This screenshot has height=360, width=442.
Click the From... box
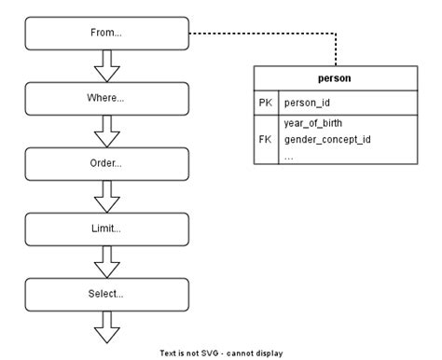tap(107, 33)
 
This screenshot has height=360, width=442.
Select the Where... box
tap(107, 98)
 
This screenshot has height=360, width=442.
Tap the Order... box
tap(107, 163)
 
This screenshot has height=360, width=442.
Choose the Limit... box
tap(107, 228)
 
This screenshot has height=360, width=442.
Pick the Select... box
tap(107, 295)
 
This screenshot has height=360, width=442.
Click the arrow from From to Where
tap(107, 65)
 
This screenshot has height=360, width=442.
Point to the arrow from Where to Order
tap(107, 131)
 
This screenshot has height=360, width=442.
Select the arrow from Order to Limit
tap(107, 196)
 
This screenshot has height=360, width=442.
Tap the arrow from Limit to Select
tap(107, 262)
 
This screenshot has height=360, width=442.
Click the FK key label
tap(265, 139)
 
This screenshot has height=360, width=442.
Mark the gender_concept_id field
tap(326, 139)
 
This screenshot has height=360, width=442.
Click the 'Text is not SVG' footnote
tap(221, 353)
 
